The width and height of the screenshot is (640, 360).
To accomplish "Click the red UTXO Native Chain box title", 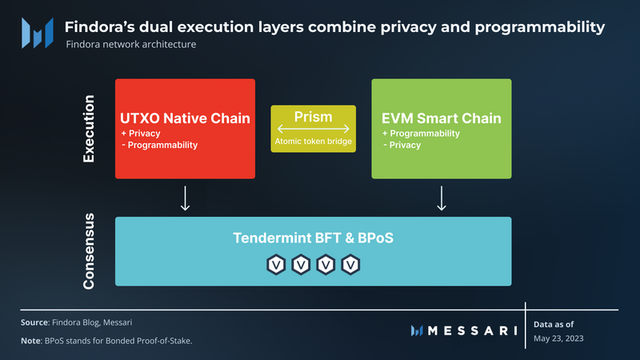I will point(186,118).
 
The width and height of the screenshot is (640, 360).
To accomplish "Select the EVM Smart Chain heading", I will point(442,118).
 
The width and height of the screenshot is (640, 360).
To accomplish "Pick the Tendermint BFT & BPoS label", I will point(314,238).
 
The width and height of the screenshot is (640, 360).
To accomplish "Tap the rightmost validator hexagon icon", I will point(350,263).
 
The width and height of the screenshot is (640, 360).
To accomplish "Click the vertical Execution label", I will point(90,129).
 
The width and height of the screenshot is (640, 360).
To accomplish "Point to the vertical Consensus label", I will point(90,250).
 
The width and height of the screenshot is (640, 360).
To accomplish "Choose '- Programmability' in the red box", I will point(158,146).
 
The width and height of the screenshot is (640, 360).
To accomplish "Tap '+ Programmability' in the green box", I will point(421,134).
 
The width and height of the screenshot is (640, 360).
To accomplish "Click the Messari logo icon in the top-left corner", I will point(38,33).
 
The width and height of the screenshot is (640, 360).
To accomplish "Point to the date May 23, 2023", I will point(559,339).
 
